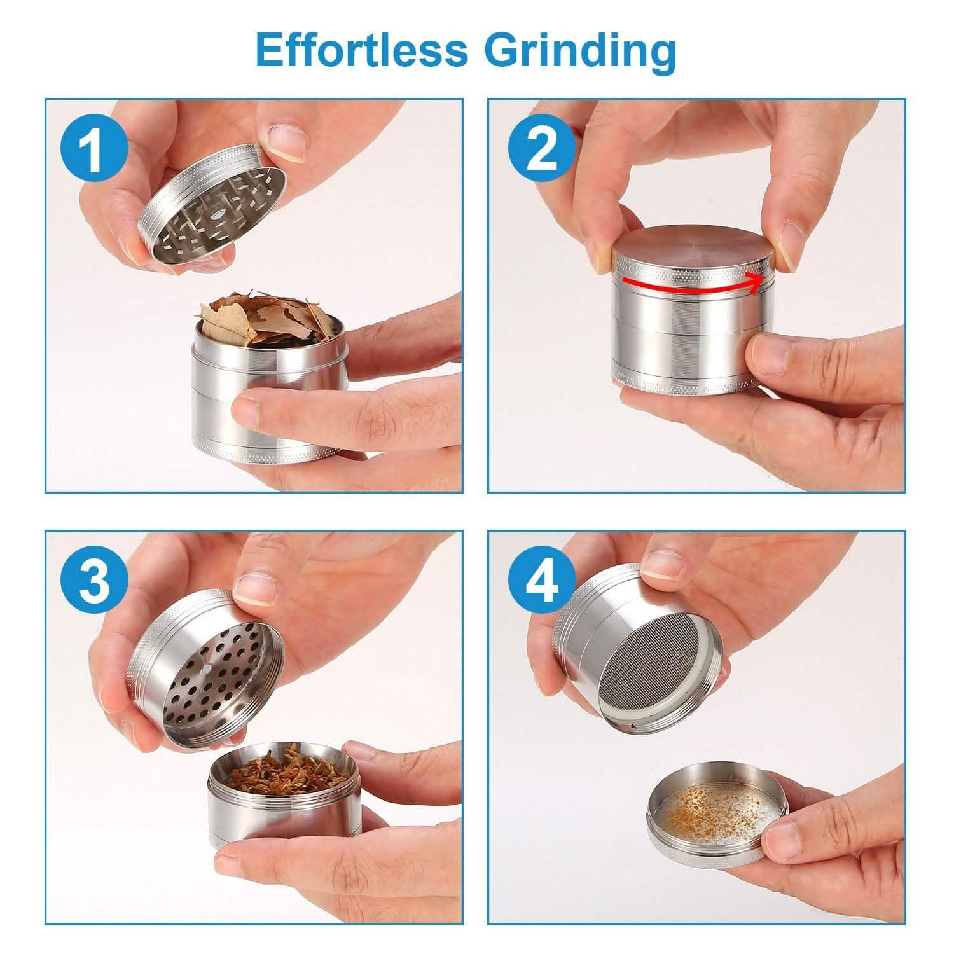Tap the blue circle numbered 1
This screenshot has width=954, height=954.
pos(94,151)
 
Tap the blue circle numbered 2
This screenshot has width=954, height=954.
pos(542,151)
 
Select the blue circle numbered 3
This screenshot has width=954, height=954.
pos(94,583)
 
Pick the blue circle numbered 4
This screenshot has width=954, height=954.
pos(542,583)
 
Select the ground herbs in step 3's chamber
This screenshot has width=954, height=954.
pos(280,776)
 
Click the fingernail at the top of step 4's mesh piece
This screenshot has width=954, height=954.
pos(661,565)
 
